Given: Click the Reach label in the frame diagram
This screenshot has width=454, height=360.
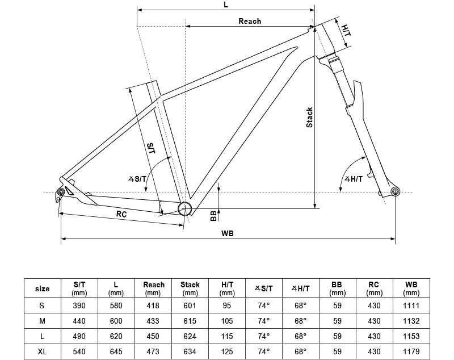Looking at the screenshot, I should tap(250, 21).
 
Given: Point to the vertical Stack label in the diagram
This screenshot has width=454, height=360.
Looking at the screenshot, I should tap(309, 117).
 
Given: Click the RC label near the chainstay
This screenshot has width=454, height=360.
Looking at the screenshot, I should tap(121, 214).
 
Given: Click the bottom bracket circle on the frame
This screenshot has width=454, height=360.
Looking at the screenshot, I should tap(184, 208).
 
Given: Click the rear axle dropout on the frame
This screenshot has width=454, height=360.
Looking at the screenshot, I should tap(59, 194).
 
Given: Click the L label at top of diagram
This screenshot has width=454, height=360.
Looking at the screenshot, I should tap(226, 5).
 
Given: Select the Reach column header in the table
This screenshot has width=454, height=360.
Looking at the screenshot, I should tap(154, 288).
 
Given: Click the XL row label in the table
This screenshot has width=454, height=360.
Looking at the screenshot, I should tap(43, 351).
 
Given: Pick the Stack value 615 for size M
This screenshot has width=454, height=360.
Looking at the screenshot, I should tap(190, 321).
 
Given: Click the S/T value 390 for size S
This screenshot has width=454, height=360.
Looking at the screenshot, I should tap(80, 305).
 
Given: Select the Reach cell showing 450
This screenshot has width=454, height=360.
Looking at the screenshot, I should tap(154, 336).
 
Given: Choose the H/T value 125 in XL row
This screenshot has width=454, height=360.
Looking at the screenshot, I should tap(227, 351).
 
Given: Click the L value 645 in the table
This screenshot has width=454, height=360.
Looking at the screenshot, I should tap(116, 351).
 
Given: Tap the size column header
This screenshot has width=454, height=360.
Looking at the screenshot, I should tap(43, 288).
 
